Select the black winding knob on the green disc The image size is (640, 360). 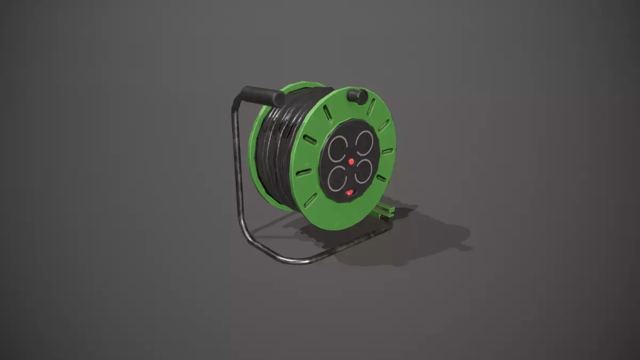(x=357, y=96)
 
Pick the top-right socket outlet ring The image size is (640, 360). (x=366, y=143)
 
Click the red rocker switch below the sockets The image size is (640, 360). (x=349, y=193)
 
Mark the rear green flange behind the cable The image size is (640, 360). (x=256, y=144)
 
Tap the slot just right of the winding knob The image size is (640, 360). (x=371, y=106)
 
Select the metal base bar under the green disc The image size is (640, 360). (x=341, y=246)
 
